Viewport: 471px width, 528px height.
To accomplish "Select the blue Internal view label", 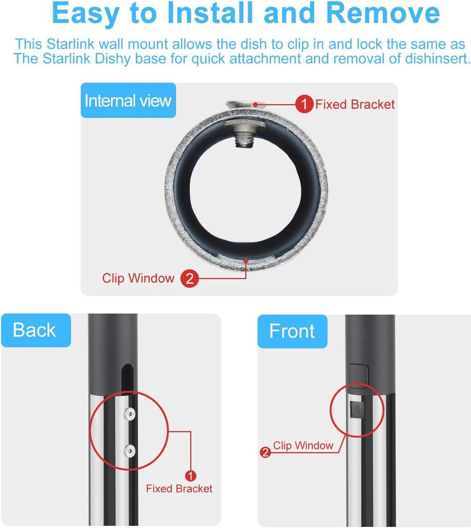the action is pos(128,100).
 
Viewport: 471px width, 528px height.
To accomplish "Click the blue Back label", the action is pos(36,330).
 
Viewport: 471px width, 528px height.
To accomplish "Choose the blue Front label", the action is pos(292,331).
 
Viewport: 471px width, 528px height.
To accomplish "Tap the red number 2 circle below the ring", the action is pos(190,278).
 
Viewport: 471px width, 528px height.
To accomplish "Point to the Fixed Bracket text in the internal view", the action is pos(355,105).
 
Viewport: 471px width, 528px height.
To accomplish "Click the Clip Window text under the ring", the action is pos(138,278).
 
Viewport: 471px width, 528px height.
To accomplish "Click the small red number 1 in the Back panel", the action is pos(191,476).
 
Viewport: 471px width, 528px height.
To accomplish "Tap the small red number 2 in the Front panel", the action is pos(265,452).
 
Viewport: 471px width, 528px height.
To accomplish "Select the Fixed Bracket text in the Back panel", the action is pos(179,489).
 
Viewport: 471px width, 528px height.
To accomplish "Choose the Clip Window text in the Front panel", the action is pos(303,445).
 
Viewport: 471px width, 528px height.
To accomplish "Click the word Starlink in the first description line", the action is pos(71,44).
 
